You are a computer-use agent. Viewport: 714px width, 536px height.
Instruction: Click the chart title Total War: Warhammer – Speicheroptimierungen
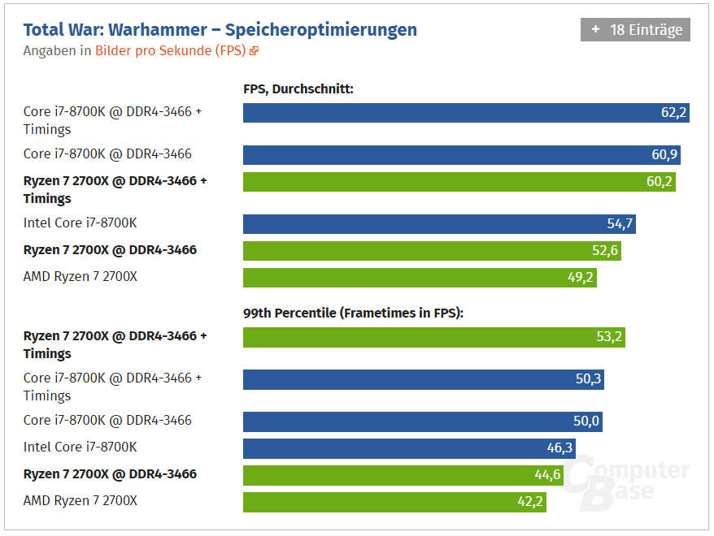[220, 30]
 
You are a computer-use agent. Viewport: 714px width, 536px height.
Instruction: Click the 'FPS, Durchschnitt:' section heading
[298, 89]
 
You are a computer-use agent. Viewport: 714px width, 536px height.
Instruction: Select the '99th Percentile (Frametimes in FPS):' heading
[353, 313]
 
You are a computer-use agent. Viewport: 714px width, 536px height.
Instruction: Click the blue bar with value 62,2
[466, 113]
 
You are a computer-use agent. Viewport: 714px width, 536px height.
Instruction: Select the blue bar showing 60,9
[462, 155]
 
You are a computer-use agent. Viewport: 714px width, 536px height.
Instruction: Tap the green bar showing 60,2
[459, 182]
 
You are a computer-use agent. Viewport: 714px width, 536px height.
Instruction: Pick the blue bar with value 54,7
[439, 224]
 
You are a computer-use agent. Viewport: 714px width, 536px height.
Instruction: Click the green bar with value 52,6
[432, 251]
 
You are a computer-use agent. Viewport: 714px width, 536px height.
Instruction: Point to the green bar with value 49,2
[420, 278]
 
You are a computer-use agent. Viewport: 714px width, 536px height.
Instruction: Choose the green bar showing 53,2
[433, 337]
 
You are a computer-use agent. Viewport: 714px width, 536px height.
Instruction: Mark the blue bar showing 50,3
[423, 379]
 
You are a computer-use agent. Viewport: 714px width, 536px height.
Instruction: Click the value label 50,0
[586, 421]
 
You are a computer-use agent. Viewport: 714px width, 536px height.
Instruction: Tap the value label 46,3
[560, 448]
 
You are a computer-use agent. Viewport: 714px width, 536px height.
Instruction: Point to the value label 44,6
[547, 475]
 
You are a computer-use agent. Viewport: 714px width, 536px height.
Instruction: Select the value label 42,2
[530, 502]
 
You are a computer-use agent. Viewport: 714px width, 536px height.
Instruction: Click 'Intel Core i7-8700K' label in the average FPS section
[80, 223]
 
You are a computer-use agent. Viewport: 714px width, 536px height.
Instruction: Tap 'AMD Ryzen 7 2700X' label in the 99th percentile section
[80, 500]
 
